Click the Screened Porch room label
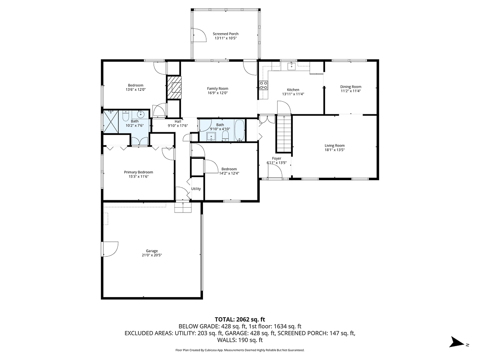[x=226, y=34]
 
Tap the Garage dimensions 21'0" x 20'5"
[x=152, y=255]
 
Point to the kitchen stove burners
[x=264, y=85]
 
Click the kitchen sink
[x=291, y=67]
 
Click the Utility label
[x=196, y=189]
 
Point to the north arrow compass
[x=459, y=342]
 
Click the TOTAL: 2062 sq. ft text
[x=240, y=319]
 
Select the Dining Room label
[x=351, y=86]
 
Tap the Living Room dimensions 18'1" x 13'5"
[x=335, y=150]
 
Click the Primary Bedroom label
[x=138, y=172]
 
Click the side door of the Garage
[x=109, y=249]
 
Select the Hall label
[x=178, y=121]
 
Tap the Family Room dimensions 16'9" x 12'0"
[x=217, y=93]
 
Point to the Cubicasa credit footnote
[x=240, y=350]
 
